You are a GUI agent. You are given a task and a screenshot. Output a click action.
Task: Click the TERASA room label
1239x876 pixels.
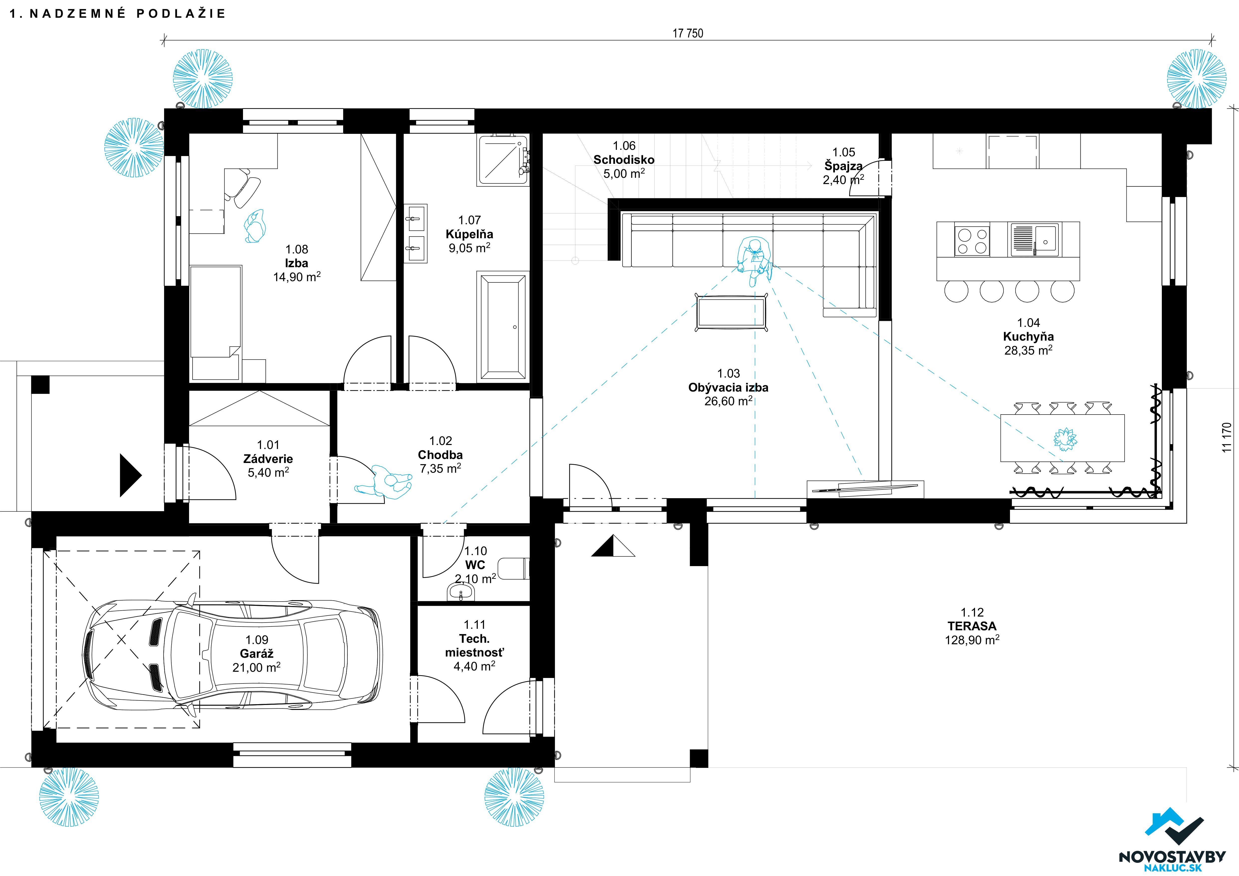(972, 626)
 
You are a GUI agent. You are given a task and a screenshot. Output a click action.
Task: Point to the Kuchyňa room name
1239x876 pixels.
(1028, 337)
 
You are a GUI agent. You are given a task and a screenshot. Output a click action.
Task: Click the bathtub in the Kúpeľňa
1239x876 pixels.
(503, 326)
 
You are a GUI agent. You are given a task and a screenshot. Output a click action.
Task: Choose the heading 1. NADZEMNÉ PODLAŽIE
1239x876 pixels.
(118, 13)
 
